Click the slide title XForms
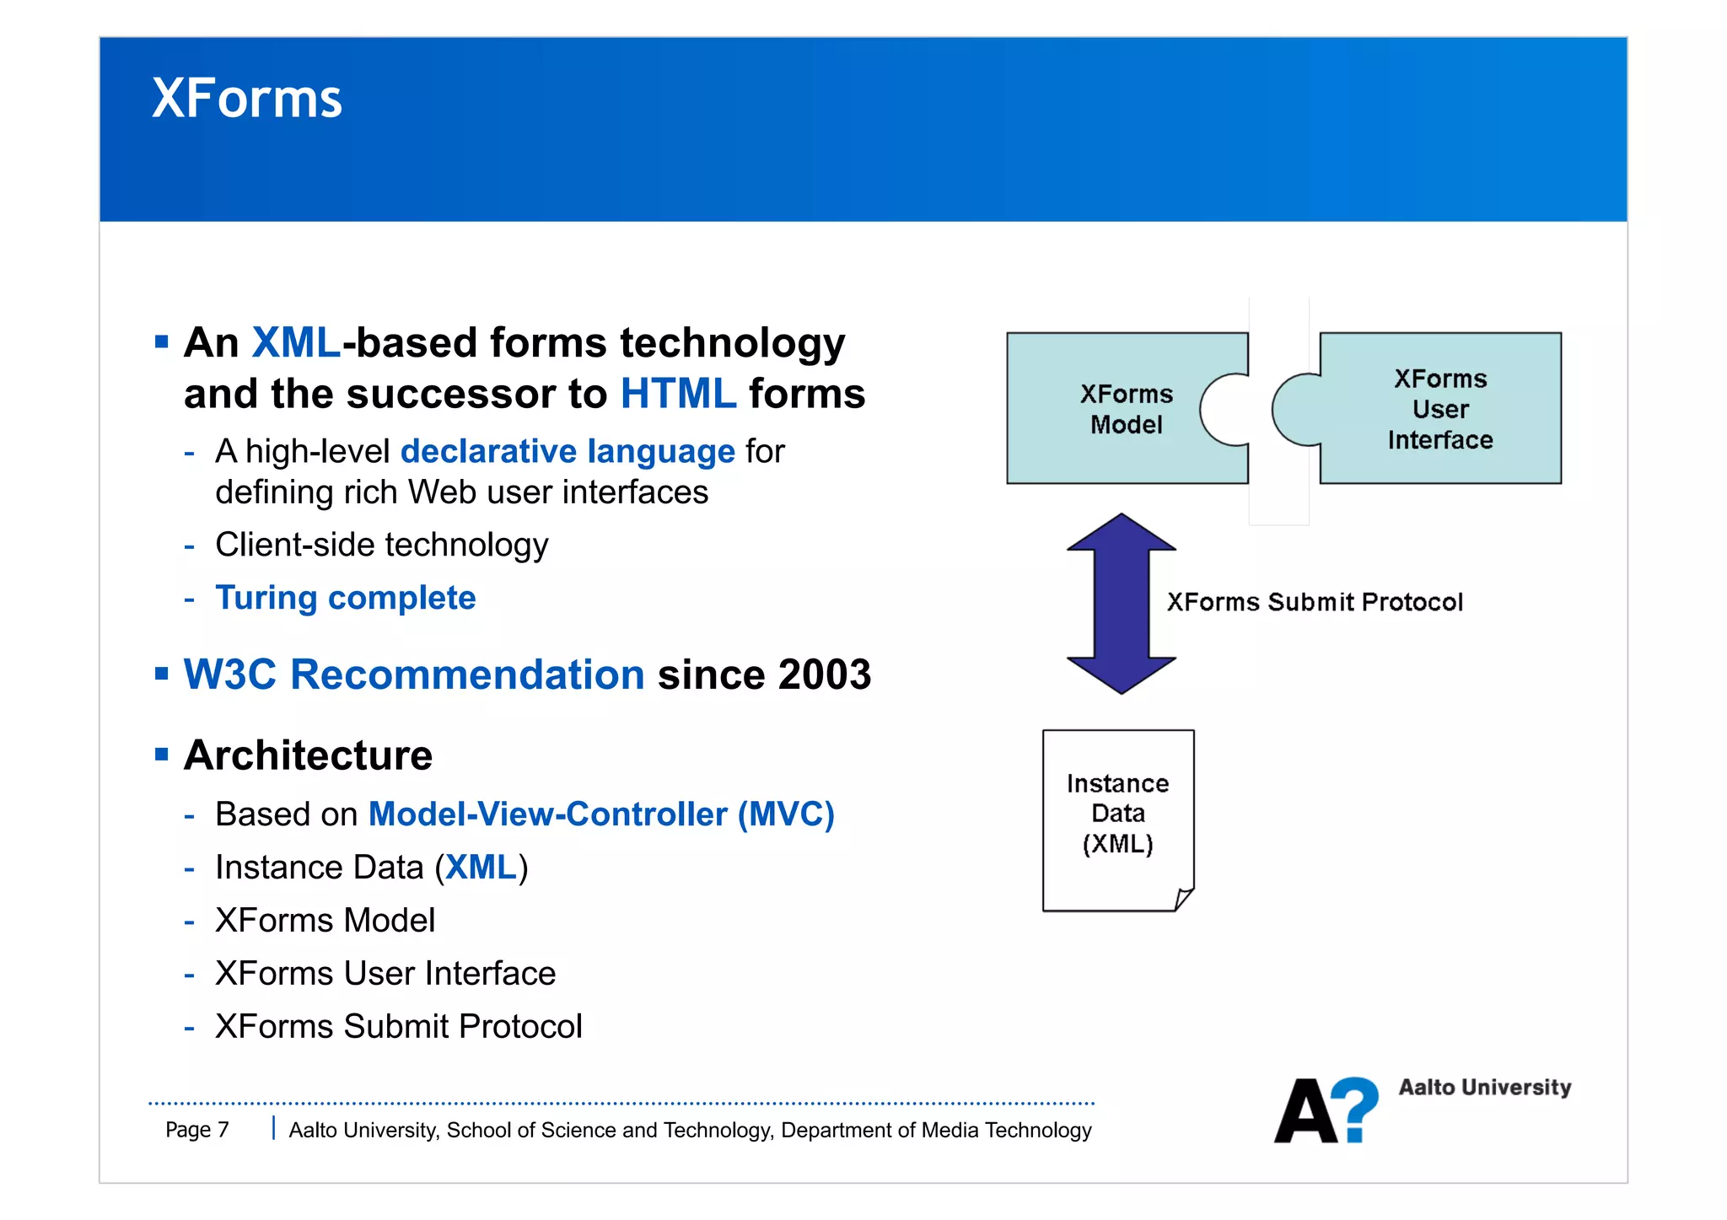[x=246, y=99]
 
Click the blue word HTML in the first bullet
[x=678, y=394]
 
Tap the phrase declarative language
[x=568, y=452]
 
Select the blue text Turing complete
[x=346, y=598]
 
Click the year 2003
[x=824, y=674]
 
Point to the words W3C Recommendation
[x=413, y=674]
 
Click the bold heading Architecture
[x=308, y=755]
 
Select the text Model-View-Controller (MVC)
[x=601, y=814]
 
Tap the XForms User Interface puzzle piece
[x=1439, y=409]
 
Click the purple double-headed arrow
[x=1121, y=604]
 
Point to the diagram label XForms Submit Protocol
[x=1314, y=602]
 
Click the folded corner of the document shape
[x=1184, y=900]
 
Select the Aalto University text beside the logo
[x=1484, y=1088]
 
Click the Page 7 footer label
[x=197, y=1130]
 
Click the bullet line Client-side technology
[x=381, y=546]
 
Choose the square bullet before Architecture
[x=162, y=754]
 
